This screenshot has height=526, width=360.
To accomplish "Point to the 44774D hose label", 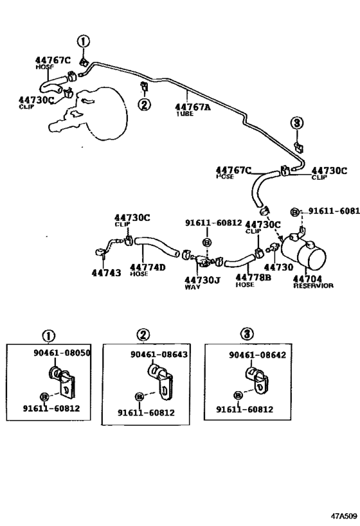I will [x=147, y=267].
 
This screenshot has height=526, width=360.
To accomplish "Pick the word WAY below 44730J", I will [x=192, y=288].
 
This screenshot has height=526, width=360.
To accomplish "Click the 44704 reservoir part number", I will [x=307, y=278].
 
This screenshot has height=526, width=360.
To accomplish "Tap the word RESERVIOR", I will [x=313, y=286].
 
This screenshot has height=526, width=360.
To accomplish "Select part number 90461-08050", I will [x=62, y=353].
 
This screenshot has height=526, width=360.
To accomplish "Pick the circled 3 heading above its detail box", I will [x=248, y=334].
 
